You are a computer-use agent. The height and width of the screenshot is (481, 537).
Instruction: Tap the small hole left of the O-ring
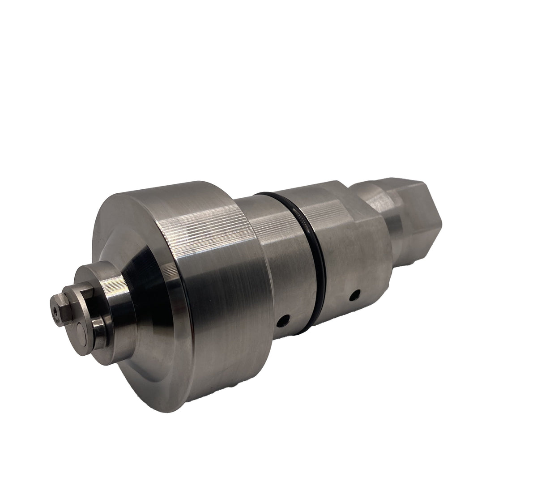[x=282, y=320]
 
